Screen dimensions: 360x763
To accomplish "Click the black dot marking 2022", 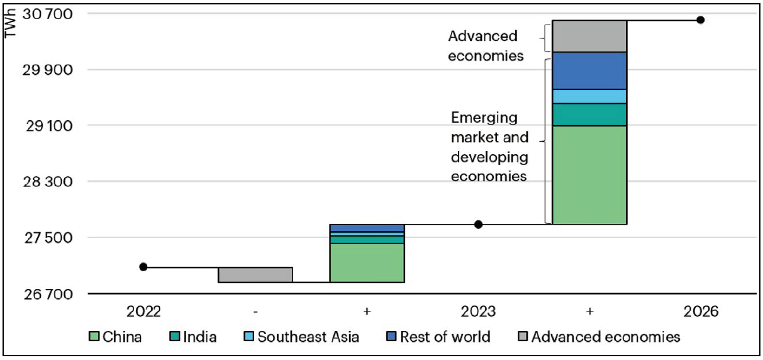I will [x=143, y=267].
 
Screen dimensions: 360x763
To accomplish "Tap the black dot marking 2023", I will [x=478, y=224].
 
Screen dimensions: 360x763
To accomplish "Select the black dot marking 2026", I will [x=701, y=20].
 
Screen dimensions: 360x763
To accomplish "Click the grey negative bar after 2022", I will [x=255, y=275].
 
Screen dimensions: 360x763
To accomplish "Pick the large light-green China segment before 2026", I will [x=589, y=175].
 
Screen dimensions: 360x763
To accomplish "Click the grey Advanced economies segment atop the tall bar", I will [x=589, y=36].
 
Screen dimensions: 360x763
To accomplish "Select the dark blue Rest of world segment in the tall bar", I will [x=589, y=70].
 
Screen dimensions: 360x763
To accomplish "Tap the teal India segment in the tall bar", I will [x=589, y=115].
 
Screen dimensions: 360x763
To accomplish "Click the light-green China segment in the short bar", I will [x=367, y=262].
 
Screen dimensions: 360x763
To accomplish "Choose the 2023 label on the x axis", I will [x=478, y=312].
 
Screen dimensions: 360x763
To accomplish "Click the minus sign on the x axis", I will [x=255, y=312].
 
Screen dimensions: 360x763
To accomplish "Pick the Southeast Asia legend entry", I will [x=301, y=337].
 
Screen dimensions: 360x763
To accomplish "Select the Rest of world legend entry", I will [x=438, y=337].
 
